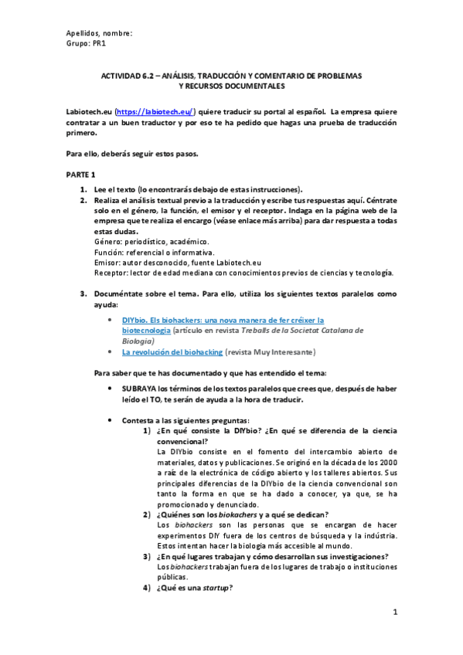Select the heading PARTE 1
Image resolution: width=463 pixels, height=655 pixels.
pyautogui.click(x=80, y=176)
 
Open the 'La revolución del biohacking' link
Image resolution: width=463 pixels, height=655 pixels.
pyautogui.click(x=172, y=352)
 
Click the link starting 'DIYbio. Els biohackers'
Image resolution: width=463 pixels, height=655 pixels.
pyautogui.click(x=223, y=319)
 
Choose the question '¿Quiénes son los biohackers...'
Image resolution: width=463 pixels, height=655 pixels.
pyautogui.click(x=242, y=514)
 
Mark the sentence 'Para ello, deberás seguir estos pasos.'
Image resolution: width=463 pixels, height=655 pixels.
pyautogui.click(x=132, y=153)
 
